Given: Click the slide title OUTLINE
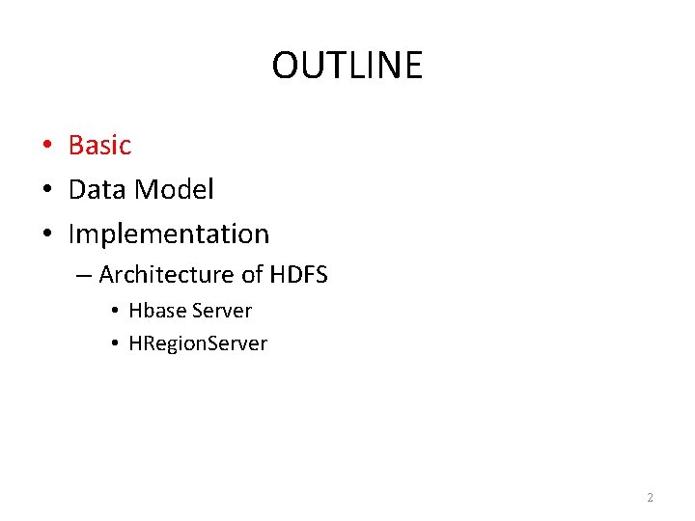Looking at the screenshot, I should point(347,66).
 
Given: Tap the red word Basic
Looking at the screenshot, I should point(99,146).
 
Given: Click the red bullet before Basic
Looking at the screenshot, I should point(45,147).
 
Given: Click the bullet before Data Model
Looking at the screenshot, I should point(45,191).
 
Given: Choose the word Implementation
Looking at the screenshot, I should point(169,234).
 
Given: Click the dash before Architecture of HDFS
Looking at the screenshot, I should point(83,276).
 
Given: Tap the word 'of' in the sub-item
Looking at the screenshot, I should point(252,275).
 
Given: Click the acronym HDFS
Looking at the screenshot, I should point(298,275).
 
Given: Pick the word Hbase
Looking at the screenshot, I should point(157,311).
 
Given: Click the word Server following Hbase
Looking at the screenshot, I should point(222,311).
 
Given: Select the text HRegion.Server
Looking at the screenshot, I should point(198,343).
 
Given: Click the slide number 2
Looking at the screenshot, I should point(650,498).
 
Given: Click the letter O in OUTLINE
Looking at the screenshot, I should point(285,66).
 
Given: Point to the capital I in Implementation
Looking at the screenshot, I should point(72,234).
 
